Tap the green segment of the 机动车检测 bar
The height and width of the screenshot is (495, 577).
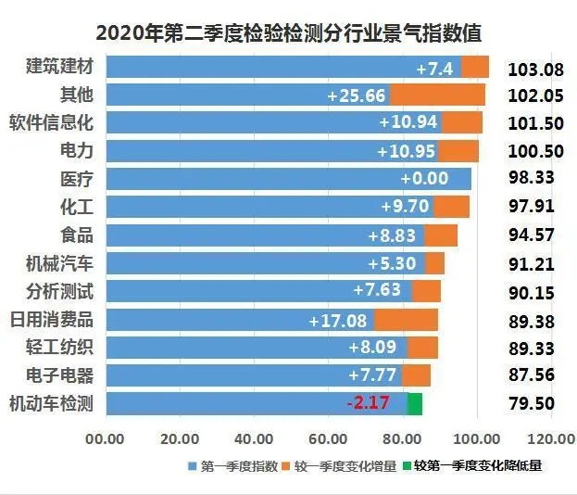click(x=415, y=404)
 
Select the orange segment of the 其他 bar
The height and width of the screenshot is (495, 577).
click(x=437, y=95)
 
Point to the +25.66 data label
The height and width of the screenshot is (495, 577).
click(x=357, y=95)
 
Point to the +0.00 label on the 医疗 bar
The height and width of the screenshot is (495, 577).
click(x=424, y=179)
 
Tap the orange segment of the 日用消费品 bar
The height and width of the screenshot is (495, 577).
click(x=406, y=320)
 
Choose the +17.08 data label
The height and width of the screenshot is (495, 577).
click(x=338, y=321)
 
